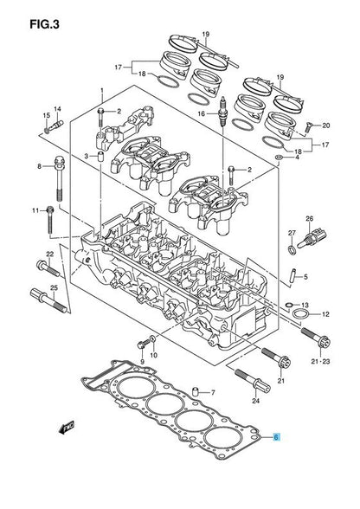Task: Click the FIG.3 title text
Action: point(44,24)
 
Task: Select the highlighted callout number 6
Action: point(276,437)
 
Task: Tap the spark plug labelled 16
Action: point(223,112)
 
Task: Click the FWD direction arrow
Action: point(67,428)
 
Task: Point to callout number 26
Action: point(309,219)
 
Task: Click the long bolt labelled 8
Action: point(60,179)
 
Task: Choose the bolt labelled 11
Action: point(50,220)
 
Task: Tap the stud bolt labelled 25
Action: point(49,300)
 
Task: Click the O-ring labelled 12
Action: point(299,314)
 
